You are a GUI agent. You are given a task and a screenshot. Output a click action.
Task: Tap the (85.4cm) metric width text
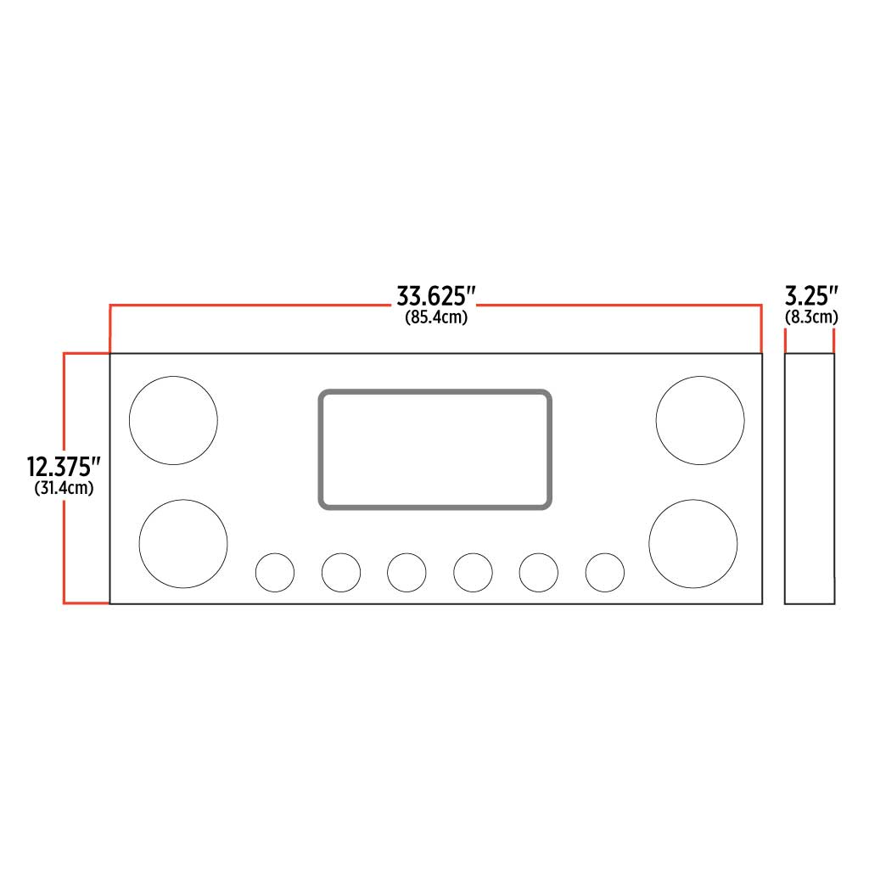coord(435,317)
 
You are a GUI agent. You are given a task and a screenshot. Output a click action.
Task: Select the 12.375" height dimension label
coord(64,467)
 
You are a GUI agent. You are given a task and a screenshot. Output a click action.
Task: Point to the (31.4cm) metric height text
coord(64,488)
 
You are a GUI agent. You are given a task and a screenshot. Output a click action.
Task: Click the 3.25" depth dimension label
coord(811,296)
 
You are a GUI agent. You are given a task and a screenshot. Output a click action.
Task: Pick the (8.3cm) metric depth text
coord(811,317)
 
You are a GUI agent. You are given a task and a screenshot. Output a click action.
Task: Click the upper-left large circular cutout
coord(173,420)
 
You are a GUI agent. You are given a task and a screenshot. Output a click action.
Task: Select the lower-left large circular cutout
coord(183,544)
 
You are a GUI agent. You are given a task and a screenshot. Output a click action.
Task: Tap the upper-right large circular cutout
coord(700,420)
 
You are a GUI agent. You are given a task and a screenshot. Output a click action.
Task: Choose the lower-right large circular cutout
coord(692,544)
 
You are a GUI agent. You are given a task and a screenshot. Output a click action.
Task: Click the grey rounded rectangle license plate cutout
coord(435,450)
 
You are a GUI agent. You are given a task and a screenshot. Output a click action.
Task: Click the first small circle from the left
coord(275,572)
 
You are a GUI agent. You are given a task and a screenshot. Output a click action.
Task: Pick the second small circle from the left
coord(341,572)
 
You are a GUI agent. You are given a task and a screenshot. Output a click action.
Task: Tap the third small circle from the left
coord(406,572)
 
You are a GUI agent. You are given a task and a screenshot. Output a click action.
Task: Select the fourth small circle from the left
coord(473,572)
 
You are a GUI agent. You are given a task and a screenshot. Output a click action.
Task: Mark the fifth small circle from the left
coord(538,572)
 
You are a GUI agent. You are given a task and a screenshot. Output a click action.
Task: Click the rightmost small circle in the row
coord(604,572)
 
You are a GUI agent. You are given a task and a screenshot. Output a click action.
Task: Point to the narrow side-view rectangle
coord(810,479)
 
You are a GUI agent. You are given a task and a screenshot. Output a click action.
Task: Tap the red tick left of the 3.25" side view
coord(786,341)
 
